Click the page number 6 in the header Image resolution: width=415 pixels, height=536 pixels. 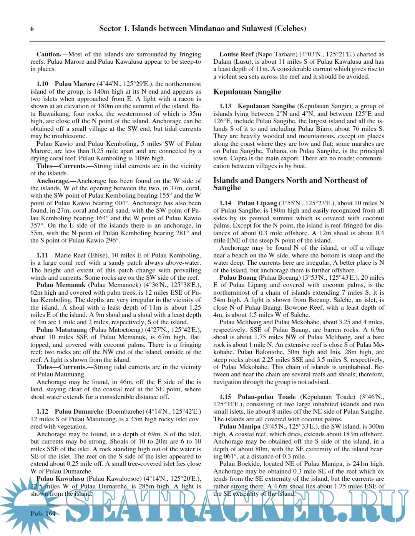(x=32, y=29)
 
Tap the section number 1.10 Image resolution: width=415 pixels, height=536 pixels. (x=42, y=84)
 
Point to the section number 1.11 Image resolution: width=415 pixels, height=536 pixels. (x=42, y=256)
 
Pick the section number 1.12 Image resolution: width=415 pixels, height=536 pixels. (x=42, y=412)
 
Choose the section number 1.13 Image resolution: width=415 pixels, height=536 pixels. (x=225, y=106)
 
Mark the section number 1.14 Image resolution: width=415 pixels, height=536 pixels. (x=225, y=203)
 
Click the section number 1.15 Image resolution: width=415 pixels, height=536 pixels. (x=225, y=397)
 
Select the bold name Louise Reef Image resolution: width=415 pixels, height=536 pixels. (x=236, y=54)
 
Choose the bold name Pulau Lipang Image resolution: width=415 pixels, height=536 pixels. (x=257, y=203)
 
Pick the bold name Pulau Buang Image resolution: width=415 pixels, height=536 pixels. (x=238, y=278)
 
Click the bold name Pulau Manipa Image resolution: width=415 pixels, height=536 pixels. (x=240, y=427)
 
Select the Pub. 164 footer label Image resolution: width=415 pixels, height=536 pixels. (x=43, y=513)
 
